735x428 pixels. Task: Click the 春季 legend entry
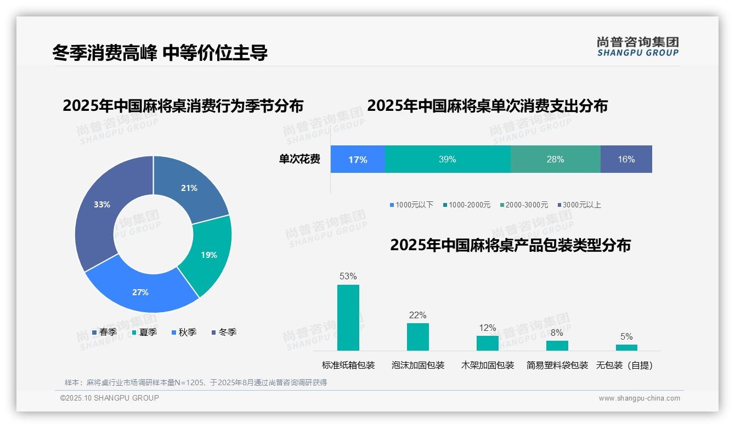104,333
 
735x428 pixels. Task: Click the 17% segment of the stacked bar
358,160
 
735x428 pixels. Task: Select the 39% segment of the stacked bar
447,160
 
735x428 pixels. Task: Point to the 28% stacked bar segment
555,160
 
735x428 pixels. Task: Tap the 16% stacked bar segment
626,160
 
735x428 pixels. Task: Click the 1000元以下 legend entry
411,205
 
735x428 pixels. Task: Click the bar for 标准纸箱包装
348,318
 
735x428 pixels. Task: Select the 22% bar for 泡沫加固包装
418,336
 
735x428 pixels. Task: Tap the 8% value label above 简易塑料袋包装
557,333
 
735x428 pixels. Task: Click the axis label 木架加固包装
488,365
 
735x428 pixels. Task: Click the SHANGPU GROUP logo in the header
637,47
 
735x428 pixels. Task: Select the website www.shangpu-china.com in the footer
639,398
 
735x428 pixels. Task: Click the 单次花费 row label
299,160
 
